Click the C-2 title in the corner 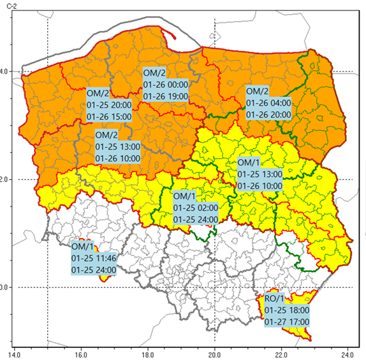pos(10,6)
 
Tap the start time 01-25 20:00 pos(110,105)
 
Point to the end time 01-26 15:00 pos(110,117)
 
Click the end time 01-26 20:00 pos(268,115)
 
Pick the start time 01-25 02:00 pos(196,208)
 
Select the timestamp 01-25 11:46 pos(93,258)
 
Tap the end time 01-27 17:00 pos(287,322)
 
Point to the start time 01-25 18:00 pos(287,310)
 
